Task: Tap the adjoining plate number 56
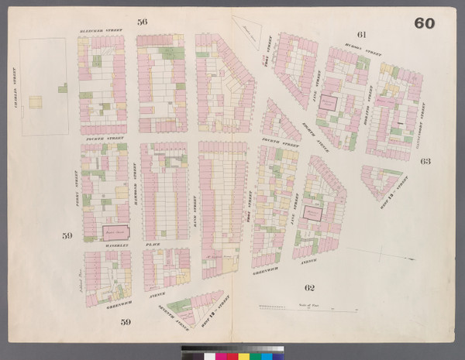(x=142, y=22)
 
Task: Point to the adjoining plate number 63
(x=425, y=162)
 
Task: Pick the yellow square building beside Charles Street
(x=34, y=101)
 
